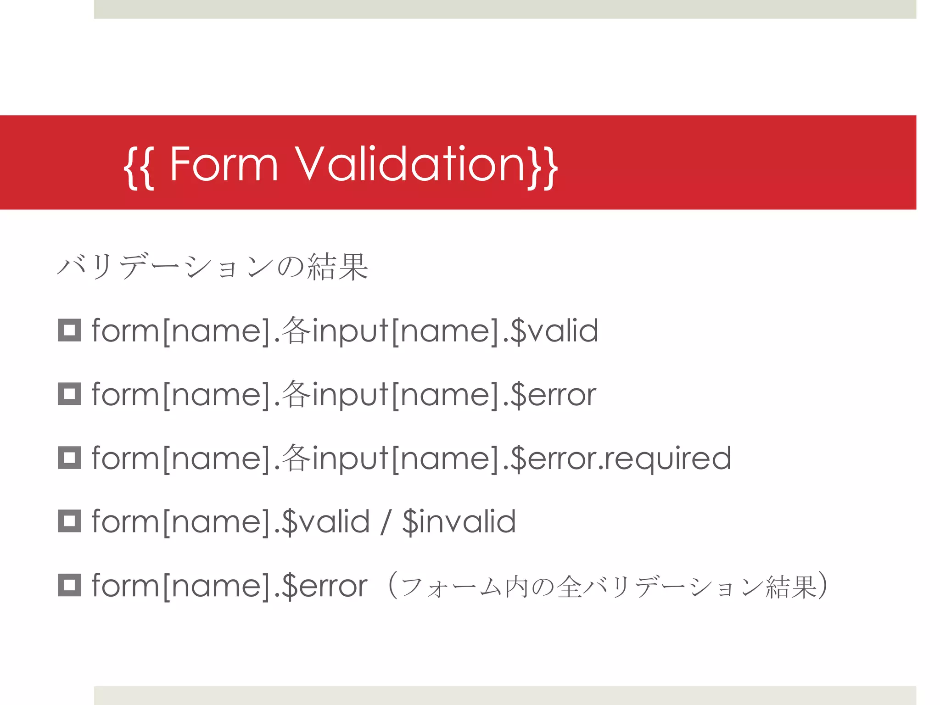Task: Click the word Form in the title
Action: tap(224, 164)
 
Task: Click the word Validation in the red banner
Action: tap(410, 164)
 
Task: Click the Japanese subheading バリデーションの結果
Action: tap(213, 267)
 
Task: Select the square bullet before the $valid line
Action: tap(69, 330)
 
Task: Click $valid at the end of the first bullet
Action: tap(554, 330)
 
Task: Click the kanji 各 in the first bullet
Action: tap(296, 330)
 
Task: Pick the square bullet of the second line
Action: tap(69, 394)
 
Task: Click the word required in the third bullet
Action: tap(668, 458)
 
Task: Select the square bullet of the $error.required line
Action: tap(69, 458)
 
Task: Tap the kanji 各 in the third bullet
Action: tap(296, 458)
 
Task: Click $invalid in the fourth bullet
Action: tap(459, 522)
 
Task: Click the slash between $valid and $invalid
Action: tap(386, 522)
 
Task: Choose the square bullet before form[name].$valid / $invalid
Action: tap(69, 521)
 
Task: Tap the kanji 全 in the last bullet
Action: tap(569, 587)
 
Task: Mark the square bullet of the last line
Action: tap(69, 585)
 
